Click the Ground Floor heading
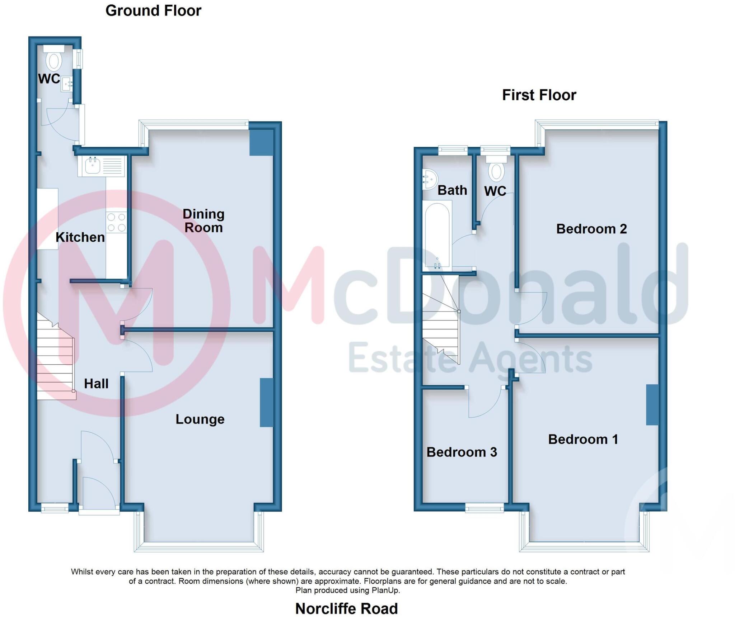153,11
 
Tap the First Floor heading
539,95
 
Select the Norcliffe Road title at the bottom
346,608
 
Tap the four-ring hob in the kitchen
117,222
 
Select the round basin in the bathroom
430,179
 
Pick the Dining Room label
203,221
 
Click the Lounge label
200,419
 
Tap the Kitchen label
80,237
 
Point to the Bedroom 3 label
462,452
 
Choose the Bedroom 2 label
591,229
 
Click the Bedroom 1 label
583,439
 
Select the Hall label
96,384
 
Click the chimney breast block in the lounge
266,403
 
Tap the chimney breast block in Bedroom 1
652,405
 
